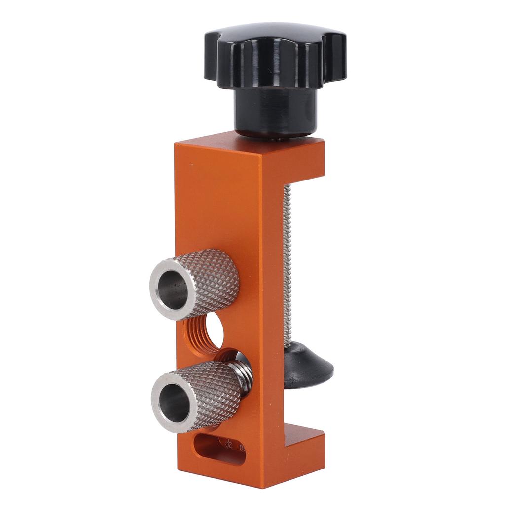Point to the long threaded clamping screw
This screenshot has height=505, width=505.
pos(287,256)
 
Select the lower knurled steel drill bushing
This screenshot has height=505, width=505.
pos(197,395)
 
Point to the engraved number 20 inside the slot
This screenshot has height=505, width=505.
pos(228,444)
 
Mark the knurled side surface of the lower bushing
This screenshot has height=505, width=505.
pos(217,390)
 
